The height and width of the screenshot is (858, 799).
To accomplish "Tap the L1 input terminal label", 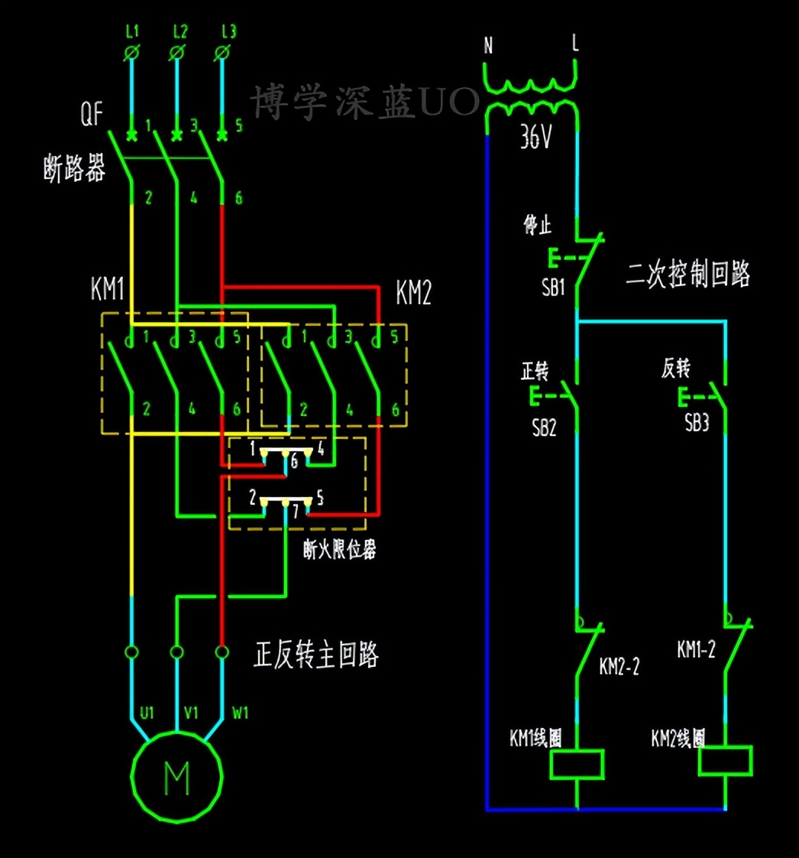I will (132, 32).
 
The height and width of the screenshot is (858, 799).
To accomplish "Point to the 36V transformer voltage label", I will (536, 138).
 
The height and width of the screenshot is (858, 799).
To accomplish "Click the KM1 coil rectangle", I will (577, 764).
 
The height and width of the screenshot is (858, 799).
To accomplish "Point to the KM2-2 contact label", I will (619, 666).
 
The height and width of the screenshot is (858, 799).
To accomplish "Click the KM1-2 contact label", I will (696, 649).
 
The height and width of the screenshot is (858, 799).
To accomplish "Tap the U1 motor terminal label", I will (147, 713).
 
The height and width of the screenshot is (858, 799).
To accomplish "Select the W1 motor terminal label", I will (241, 713).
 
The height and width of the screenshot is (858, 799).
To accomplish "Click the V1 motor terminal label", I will (192, 713).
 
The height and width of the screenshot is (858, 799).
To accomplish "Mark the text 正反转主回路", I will (315, 655).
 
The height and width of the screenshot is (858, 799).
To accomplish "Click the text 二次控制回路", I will (687, 273).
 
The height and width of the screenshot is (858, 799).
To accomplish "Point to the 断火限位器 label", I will (339, 549).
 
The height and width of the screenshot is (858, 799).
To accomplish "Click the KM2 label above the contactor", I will (413, 293).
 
